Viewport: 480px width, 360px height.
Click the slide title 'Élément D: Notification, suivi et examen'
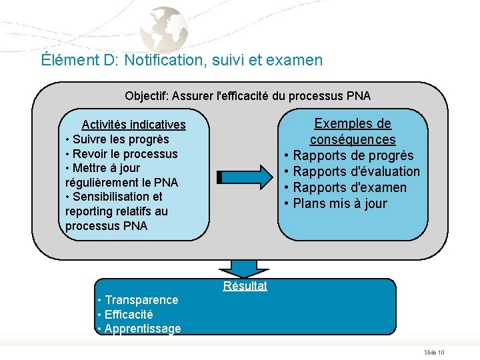tap(181, 60)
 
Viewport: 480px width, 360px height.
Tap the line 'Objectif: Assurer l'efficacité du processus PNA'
tap(247, 96)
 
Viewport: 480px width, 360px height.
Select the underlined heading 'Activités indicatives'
tap(133, 125)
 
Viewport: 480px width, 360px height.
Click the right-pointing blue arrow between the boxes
tap(245, 177)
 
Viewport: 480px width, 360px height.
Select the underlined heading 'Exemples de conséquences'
tap(352, 131)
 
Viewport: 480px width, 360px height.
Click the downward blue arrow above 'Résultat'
tap(245, 267)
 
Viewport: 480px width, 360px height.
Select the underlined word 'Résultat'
tap(245, 286)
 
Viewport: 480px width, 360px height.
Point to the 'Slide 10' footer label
tap(434, 352)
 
